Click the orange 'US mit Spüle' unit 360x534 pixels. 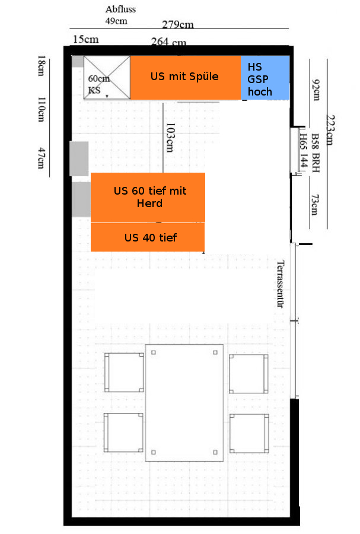coord(186,78)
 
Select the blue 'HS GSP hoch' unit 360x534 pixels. coord(265,78)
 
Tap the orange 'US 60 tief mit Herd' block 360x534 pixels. coord(148,198)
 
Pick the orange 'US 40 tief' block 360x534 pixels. coord(148,237)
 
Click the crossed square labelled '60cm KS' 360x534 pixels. coord(107,78)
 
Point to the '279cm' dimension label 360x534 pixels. coord(177,24)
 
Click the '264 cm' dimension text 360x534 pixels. coord(168,42)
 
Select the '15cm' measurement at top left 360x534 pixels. coord(86,39)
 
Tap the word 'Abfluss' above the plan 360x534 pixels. coord(120,9)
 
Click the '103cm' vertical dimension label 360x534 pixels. coord(170,137)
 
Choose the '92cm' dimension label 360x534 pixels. coord(316,90)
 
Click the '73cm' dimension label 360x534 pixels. coord(315,205)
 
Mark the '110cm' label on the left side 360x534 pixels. coord(41,109)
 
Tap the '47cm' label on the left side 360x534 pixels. coord(41,158)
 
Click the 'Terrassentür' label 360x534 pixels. coord(280,284)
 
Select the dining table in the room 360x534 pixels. coord(184,402)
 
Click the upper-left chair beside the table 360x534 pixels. coord(124,372)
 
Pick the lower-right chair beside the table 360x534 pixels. coord(249,433)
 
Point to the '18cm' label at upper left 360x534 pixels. coord(41,65)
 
